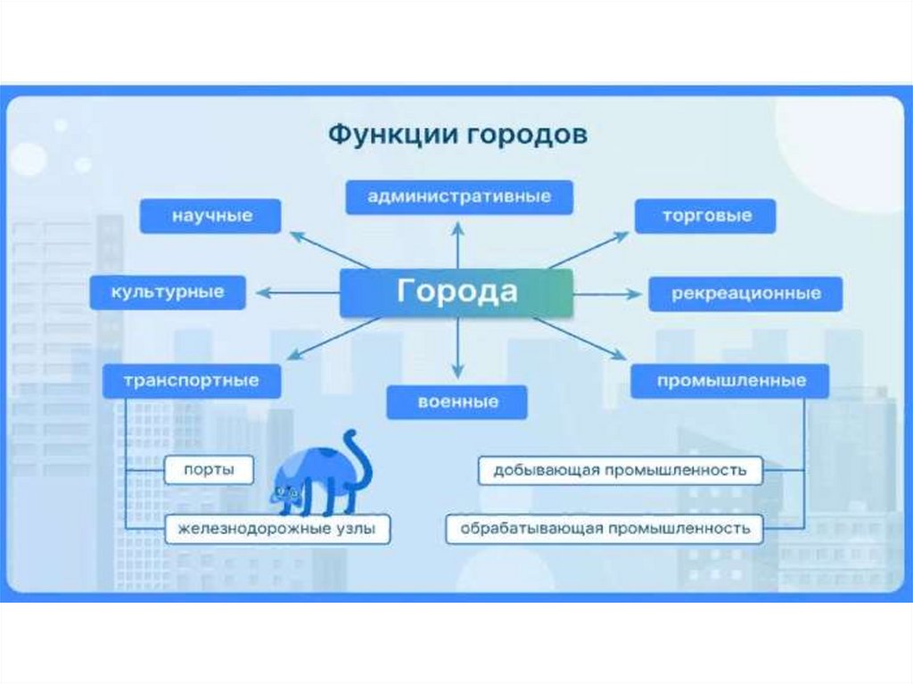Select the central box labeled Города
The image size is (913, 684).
click(456, 293)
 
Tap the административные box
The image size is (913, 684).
click(459, 196)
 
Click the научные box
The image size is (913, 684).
click(211, 216)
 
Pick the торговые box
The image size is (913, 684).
click(705, 216)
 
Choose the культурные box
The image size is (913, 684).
click(168, 292)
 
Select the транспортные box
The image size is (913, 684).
click(192, 381)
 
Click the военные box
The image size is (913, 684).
click(456, 401)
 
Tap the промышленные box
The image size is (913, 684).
click(730, 381)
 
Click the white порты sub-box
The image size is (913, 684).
click(209, 469)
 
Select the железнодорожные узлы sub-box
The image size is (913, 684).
click(279, 529)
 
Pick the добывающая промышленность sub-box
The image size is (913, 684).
click(621, 469)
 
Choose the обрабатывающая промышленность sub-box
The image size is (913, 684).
click(605, 529)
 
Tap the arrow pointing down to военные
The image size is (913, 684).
click(457, 348)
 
